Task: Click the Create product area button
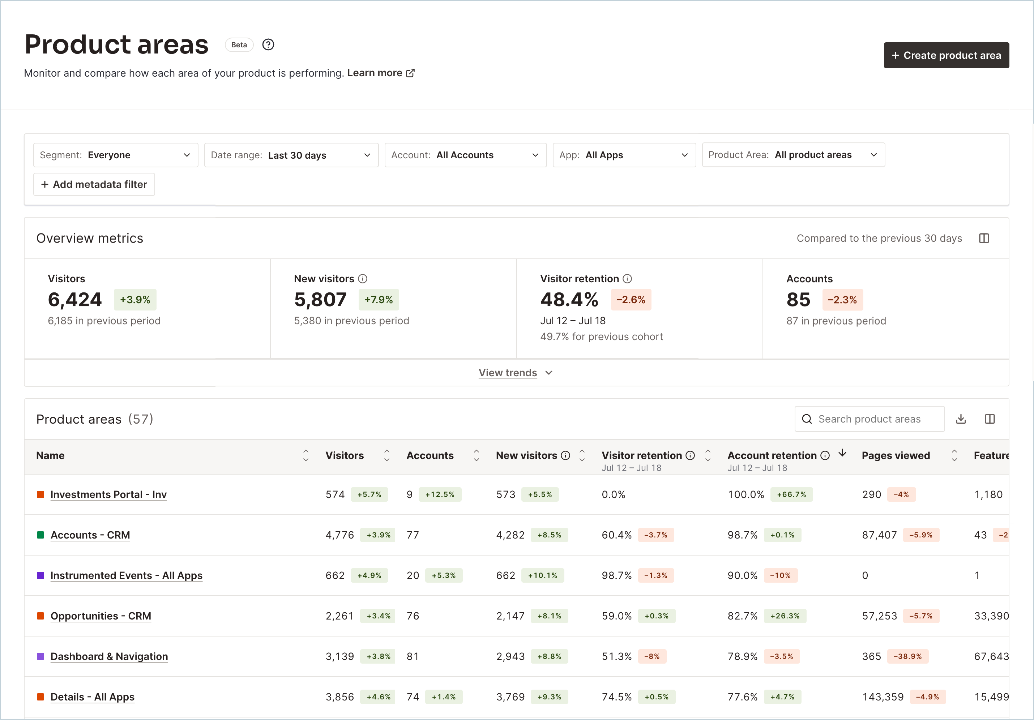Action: tap(946, 55)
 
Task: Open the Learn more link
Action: tap(381, 73)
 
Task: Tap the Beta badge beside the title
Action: tap(239, 44)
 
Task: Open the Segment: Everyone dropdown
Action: tap(116, 155)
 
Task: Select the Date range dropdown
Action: tap(291, 155)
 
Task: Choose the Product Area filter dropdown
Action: tap(793, 155)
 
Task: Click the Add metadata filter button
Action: tap(94, 184)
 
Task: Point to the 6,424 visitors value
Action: tap(75, 299)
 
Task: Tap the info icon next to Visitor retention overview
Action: tap(627, 279)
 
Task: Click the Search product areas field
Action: tap(869, 419)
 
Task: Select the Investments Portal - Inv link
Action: tap(108, 494)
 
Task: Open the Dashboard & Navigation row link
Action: tap(109, 656)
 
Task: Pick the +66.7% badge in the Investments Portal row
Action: tap(791, 494)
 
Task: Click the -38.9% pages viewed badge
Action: tap(907, 656)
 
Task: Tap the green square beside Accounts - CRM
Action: tap(40, 535)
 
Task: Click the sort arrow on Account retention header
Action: tap(842, 453)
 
